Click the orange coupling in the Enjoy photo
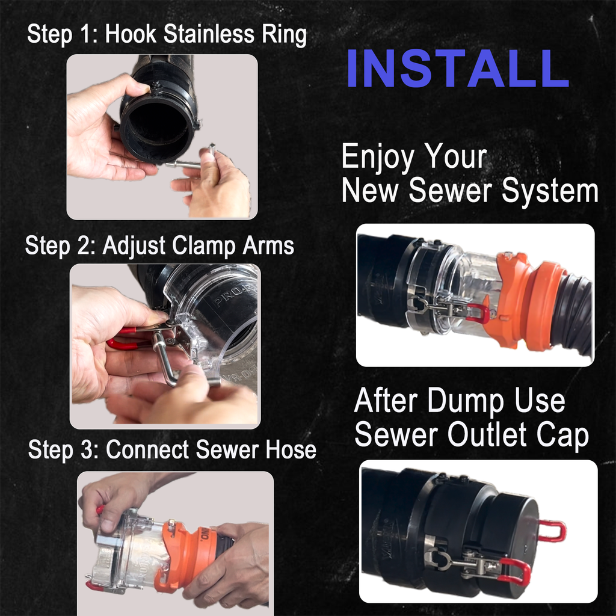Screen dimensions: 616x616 529,304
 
